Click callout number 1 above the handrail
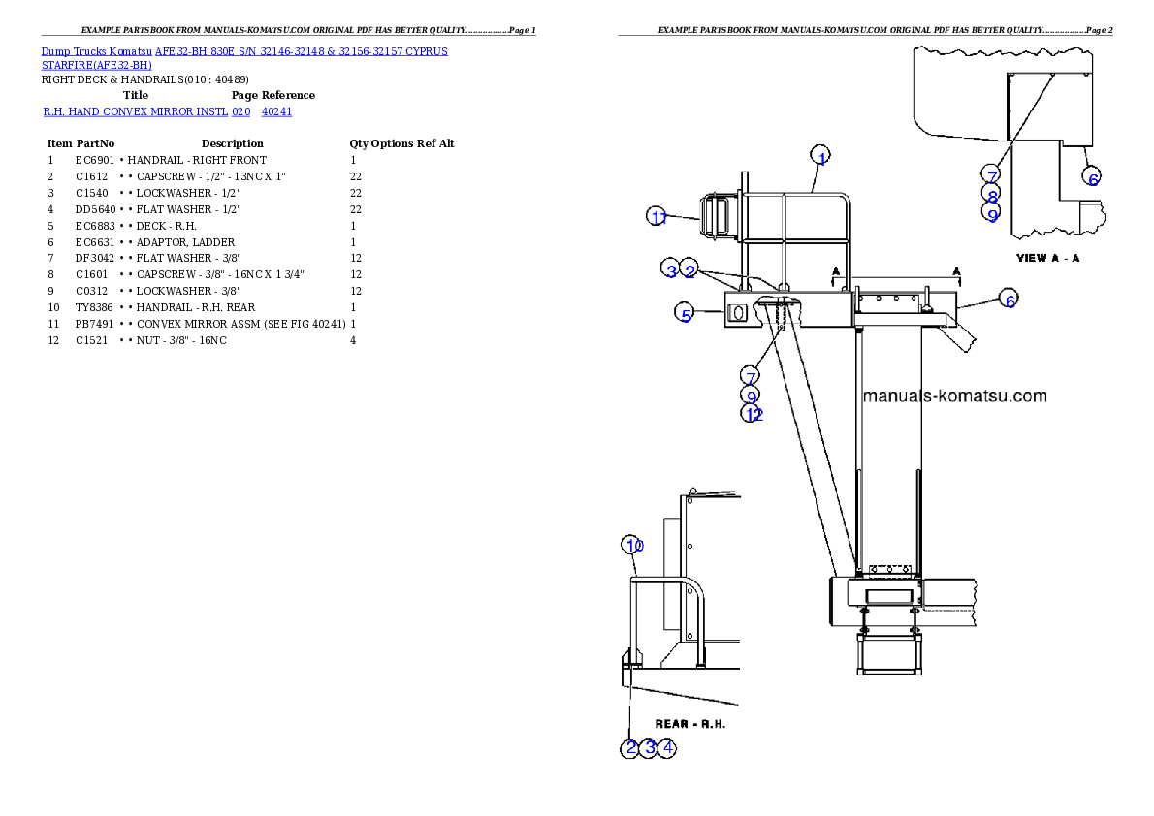[x=820, y=156]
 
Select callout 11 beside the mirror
[x=657, y=217]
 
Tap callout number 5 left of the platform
[x=686, y=314]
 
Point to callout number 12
[x=753, y=414]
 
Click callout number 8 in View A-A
[x=991, y=195]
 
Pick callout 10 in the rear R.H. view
[x=632, y=546]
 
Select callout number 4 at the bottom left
[x=667, y=747]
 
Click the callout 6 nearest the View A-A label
[x=1092, y=178]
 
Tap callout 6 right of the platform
[x=1009, y=300]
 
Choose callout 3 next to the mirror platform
[x=671, y=270]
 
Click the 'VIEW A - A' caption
[x=1047, y=258]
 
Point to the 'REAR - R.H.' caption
[x=690, y=724]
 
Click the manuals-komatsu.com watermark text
[x=954, y=396]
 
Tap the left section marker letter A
[x=835, y=271]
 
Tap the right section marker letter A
[x=957, y=271]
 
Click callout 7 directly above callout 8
[x=990, y=174]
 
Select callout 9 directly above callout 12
[x=752, y=395]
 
